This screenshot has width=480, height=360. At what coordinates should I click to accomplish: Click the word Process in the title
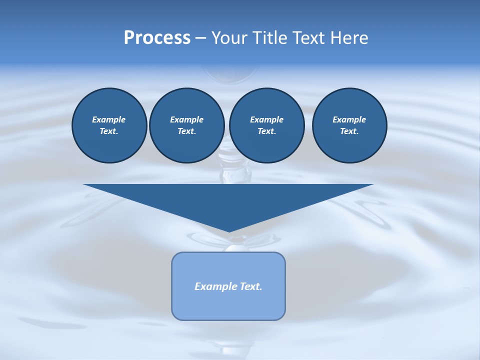coord(157,38)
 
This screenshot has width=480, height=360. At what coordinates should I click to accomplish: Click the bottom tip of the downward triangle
coord(229,230)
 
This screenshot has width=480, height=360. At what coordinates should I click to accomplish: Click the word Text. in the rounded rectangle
coord(249,286)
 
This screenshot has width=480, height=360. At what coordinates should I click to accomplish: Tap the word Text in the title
coord(310,38)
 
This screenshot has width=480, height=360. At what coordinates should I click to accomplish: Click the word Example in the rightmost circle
coord(349,119)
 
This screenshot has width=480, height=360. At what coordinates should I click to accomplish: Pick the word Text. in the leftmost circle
coord(109,131)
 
